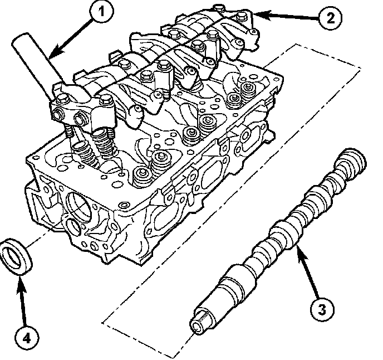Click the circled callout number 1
101,12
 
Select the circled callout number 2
330,18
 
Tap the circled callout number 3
322,309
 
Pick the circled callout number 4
26,339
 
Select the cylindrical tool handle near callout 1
37,64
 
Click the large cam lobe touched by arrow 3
284,233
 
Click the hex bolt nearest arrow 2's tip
241,17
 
